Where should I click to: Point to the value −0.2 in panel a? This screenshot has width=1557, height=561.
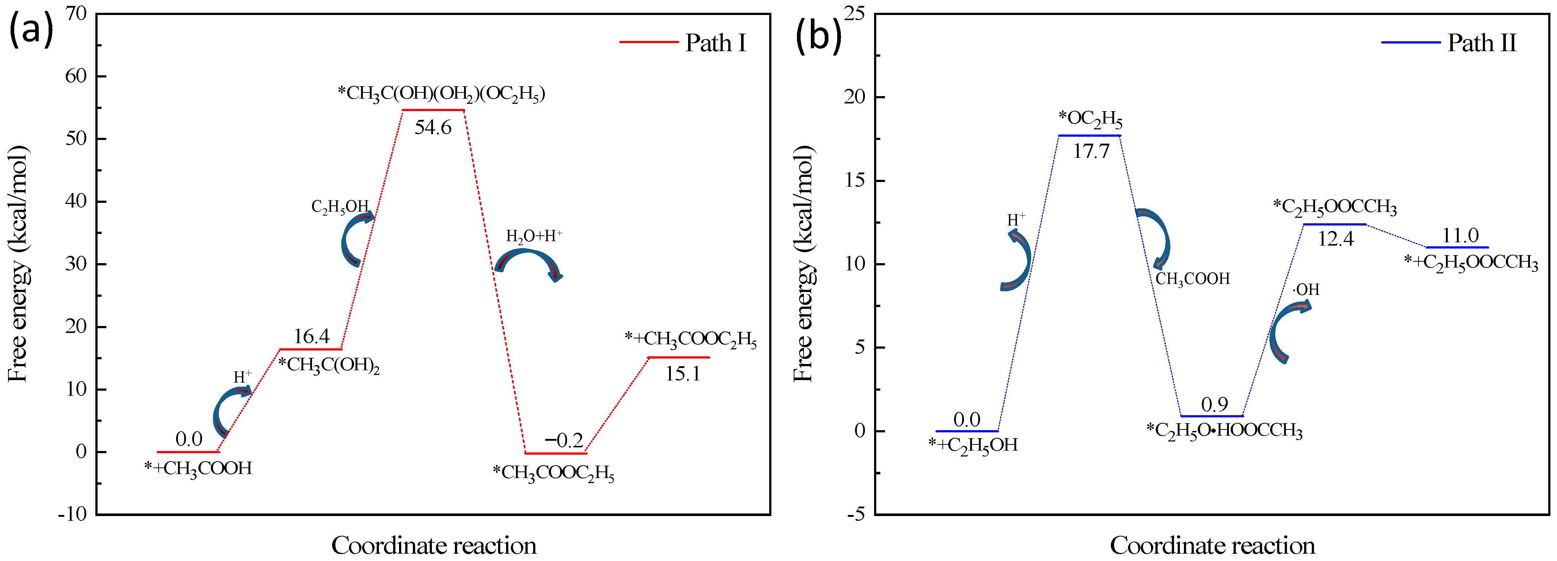pos(563,440)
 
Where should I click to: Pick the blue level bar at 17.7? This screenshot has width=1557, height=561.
pos(1089,136)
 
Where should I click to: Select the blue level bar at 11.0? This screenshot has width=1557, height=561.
pos(1457,247)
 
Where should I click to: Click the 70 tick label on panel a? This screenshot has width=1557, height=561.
pos(76,13)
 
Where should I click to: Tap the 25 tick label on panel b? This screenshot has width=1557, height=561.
pos(854,13)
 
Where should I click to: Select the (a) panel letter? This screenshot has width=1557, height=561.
pos(30,31)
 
